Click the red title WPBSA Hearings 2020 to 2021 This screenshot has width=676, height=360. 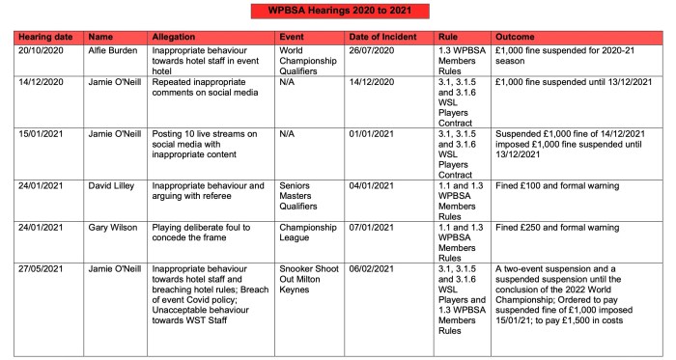click(337, 11)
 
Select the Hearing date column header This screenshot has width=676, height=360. click(46, 36)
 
